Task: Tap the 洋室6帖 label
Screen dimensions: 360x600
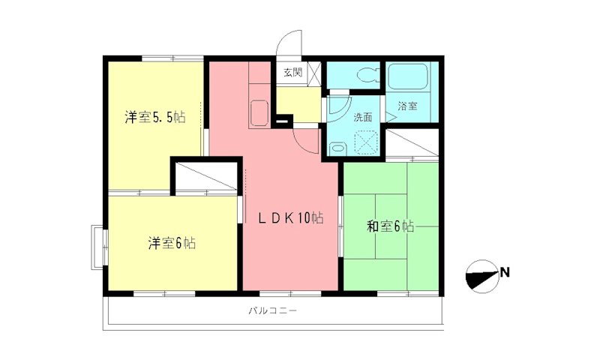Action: [x=172, y=243]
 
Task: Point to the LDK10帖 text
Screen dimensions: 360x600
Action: [x=291, y=218]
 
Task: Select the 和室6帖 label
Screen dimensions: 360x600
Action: [x=390, y=226]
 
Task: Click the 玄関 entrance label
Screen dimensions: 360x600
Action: [x=292, y=73]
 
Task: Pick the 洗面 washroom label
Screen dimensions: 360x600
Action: [x=364, y=117]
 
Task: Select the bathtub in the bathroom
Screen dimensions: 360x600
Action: [x=408, y=77]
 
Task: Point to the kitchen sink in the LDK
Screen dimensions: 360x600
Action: [x=259, y=112]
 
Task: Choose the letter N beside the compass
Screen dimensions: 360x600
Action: [x=505, y=271]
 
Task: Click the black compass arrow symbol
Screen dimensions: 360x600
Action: [x=481, y=276]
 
